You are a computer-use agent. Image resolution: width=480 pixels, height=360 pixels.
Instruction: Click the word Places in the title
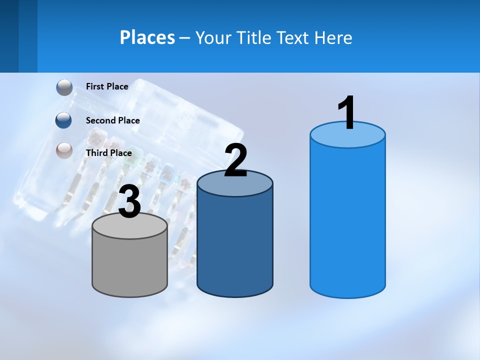(147, 37)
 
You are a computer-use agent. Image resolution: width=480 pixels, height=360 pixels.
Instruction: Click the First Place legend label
(107, 86)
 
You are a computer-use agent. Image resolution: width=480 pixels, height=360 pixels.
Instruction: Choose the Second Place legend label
(112, 120)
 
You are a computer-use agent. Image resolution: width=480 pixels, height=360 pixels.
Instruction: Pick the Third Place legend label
(108, 153)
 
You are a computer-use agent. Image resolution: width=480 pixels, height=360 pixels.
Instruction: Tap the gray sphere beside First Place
(64, 87)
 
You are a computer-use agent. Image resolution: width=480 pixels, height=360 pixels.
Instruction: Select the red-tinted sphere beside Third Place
(64, 150)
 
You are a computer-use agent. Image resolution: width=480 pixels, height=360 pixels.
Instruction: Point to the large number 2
(235, 161)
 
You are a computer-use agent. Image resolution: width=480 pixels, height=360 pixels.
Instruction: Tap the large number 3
(130, 202)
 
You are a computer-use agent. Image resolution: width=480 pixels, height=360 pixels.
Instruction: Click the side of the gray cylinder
(130, 267)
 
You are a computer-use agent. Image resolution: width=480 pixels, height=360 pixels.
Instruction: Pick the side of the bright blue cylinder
(347, 220)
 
